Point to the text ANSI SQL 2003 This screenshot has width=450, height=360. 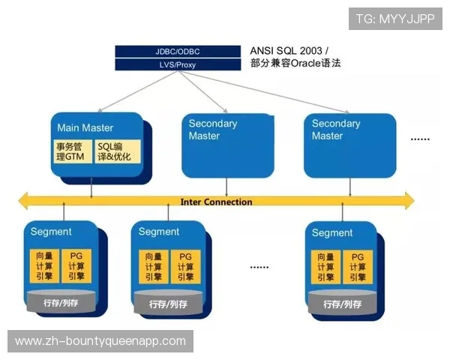(289, 50)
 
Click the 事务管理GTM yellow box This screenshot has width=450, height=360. (71, 151)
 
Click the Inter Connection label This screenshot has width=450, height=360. (216, 202)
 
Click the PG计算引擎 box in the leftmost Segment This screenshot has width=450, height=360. (76, 266)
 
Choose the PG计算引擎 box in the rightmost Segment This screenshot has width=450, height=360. (358, 266)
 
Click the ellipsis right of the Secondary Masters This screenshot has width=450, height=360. (419, 139)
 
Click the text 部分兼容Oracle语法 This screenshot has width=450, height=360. (295, 64)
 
